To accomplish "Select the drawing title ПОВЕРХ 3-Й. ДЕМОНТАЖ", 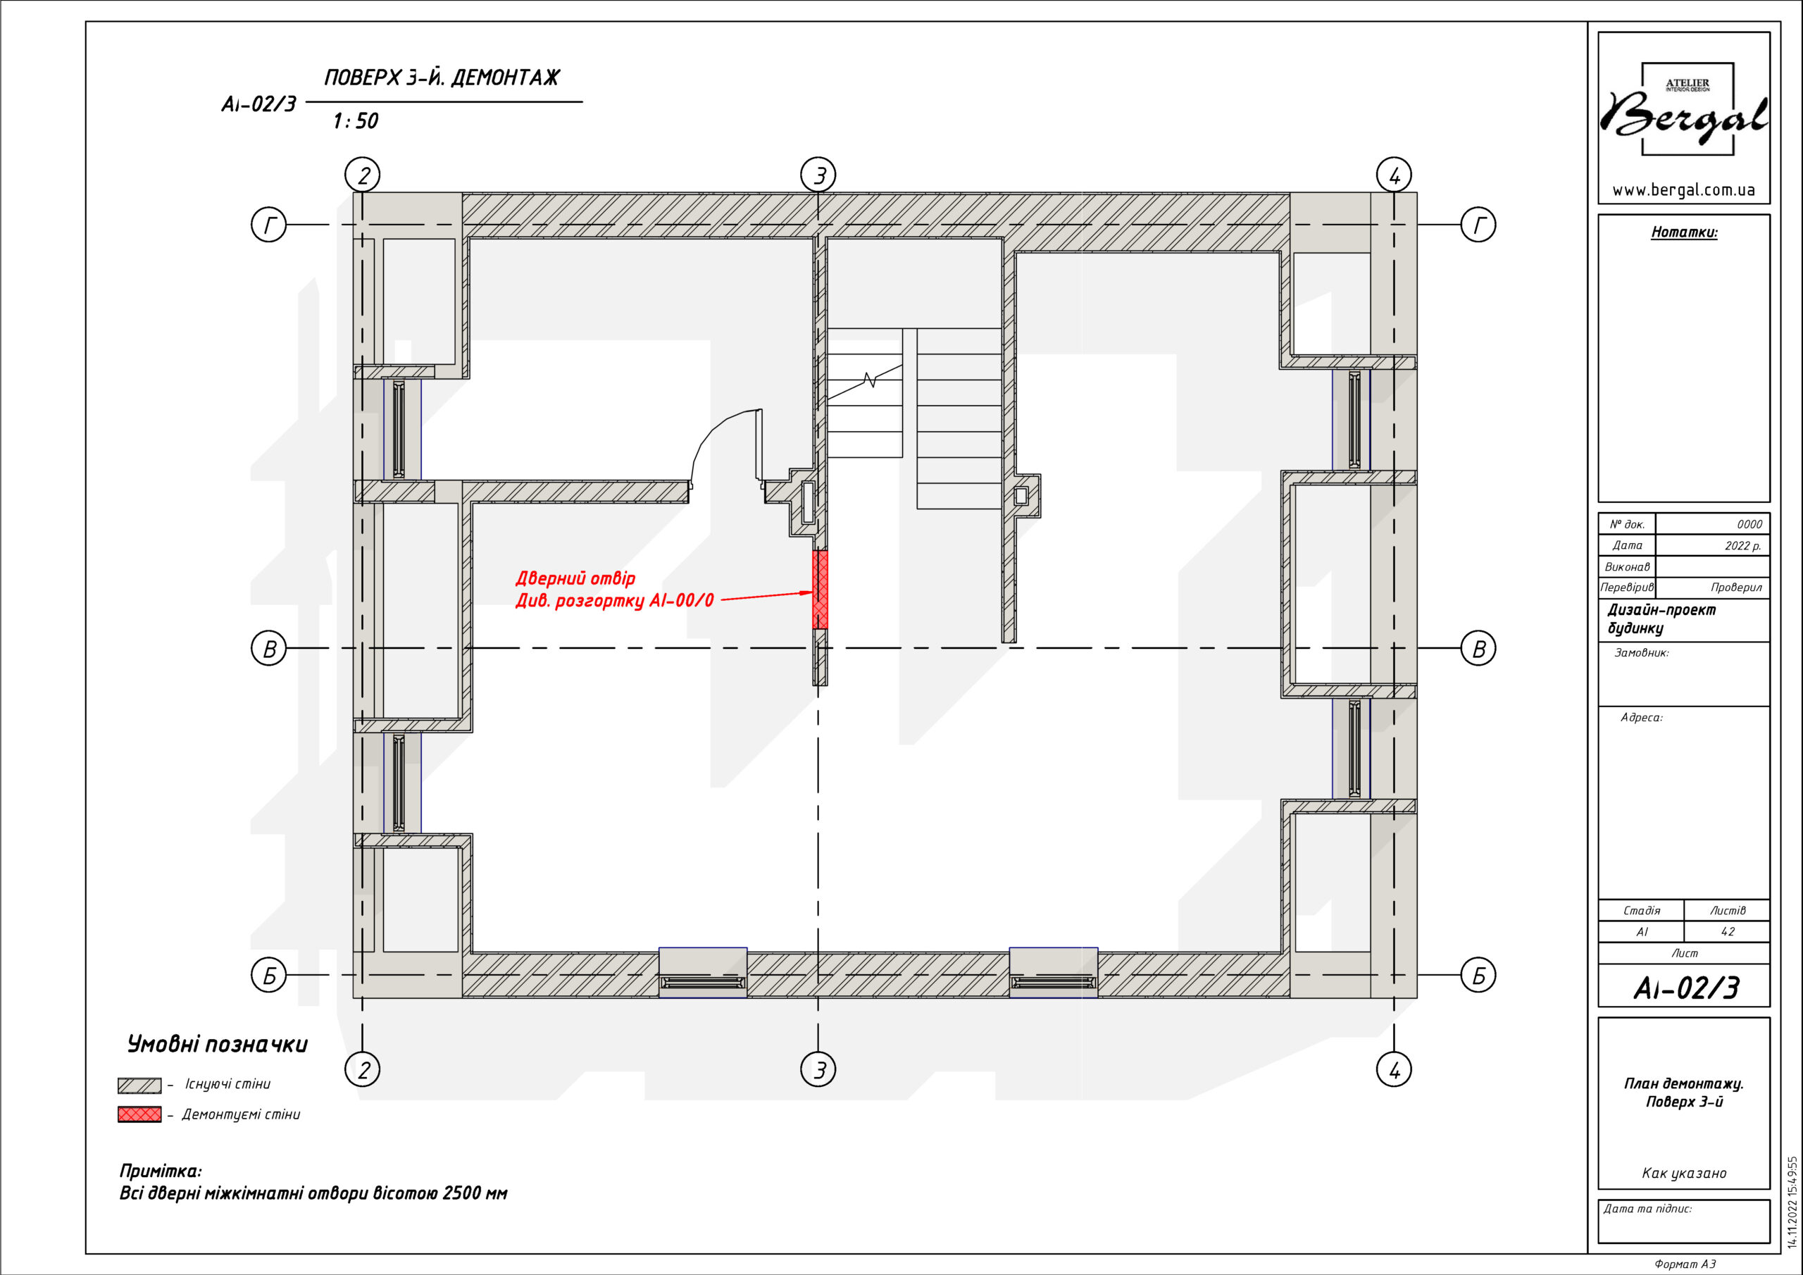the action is (442, 77).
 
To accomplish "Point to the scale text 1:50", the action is (356, 121).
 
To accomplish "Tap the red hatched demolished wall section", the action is (820, 589).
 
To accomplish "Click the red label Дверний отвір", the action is (575, 578).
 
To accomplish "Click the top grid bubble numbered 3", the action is (818, 175).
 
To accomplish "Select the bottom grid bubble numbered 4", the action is (1394, 1069).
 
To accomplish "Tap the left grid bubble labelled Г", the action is (268, 225).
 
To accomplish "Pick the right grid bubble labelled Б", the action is (1478, 976).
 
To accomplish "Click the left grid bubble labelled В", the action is (268, 649).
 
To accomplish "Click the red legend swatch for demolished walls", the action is (139, 1114).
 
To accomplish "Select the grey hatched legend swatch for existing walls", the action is (139, 1085).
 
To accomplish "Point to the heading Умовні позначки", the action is (218, 1044).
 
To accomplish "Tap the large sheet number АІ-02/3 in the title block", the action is (1686, 988).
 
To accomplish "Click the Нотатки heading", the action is (1685, 232).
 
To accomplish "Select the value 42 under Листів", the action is (1728, 932).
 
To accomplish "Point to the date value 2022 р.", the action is (1743, 545).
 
